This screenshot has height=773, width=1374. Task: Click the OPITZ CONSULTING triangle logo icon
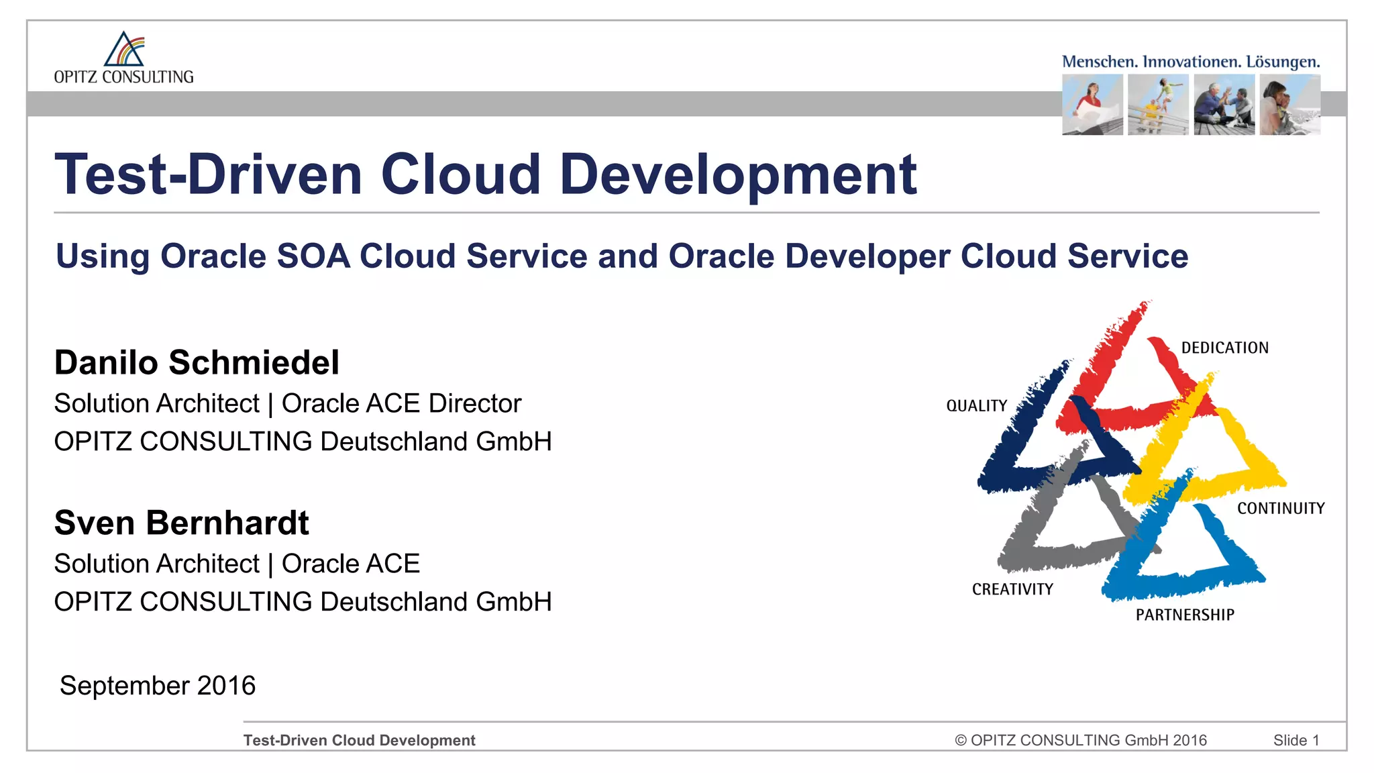125,49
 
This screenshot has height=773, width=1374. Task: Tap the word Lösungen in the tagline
1283,62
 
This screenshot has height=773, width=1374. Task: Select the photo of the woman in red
1092,105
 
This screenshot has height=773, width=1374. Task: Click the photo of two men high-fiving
1224,105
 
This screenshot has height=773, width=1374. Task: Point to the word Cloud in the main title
461,174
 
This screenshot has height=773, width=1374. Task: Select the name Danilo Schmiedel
197,362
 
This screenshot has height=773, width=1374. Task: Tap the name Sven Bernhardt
181,523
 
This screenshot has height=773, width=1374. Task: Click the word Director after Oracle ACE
475,403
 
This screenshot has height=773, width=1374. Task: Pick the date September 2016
158,685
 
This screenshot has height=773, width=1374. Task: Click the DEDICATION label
1224,348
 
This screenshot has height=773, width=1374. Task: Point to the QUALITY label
976,406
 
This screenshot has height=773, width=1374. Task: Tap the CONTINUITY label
1281,509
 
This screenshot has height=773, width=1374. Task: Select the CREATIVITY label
1012,589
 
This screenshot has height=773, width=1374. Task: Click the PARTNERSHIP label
1184,615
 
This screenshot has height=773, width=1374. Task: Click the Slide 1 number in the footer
1296,740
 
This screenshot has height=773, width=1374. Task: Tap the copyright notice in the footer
1080,740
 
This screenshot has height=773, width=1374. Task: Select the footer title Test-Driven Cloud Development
359,740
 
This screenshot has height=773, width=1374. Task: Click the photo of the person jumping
1158,105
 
